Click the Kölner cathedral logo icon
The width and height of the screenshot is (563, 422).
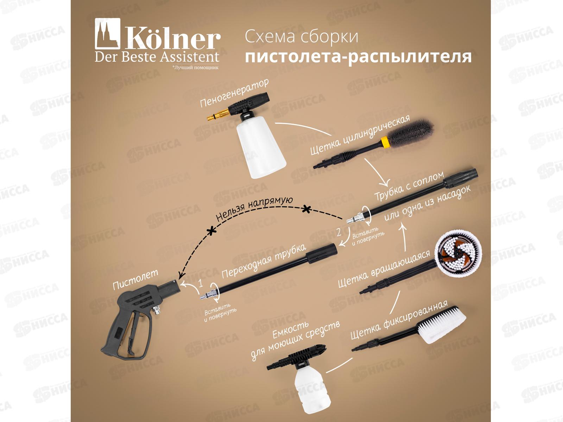[107, 33]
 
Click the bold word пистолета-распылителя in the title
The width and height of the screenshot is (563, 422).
[358, 57]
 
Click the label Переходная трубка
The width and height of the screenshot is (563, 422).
[264, 261]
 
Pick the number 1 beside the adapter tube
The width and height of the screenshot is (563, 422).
[201, 283]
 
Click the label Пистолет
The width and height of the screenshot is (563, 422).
[135, 280]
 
